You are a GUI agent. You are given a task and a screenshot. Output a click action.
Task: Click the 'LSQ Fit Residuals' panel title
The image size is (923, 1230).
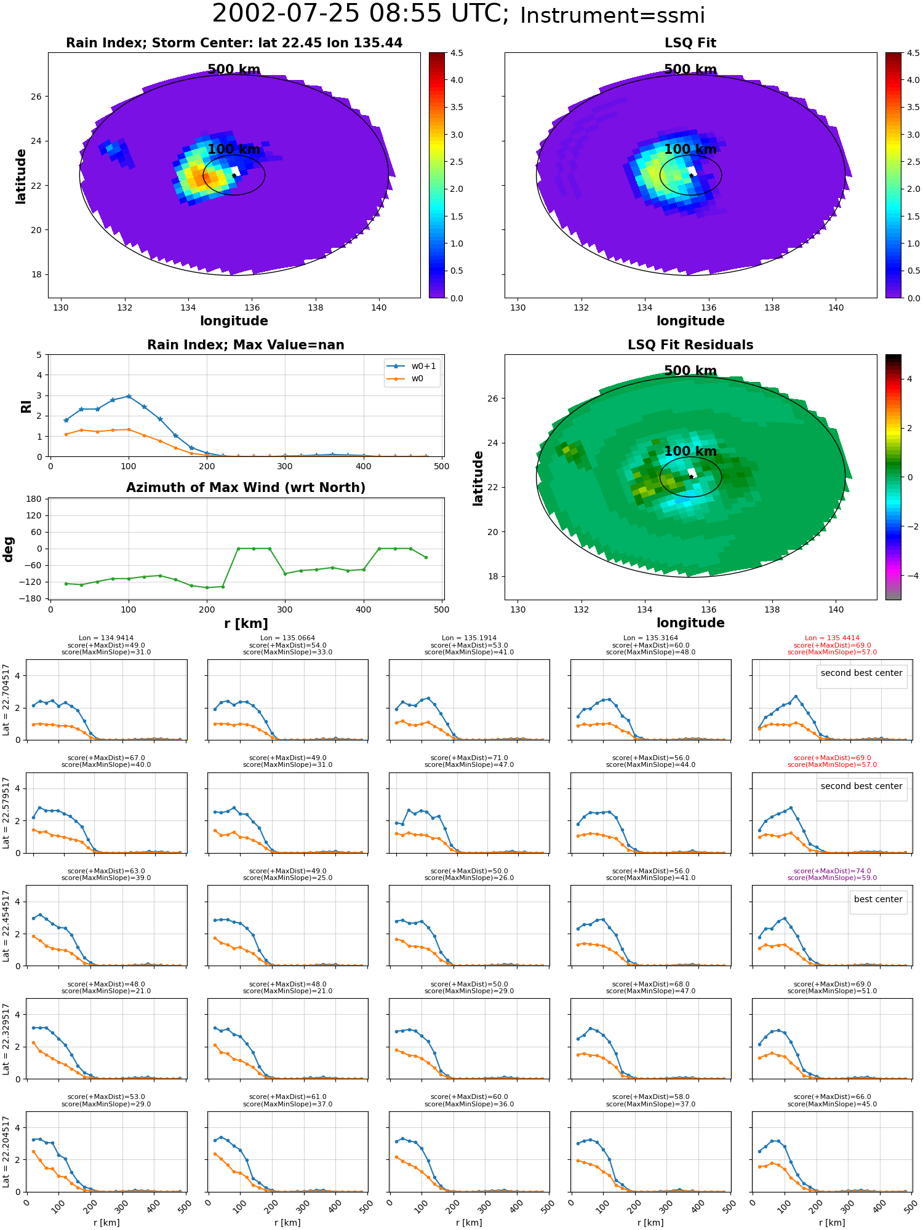[x=690, y=345]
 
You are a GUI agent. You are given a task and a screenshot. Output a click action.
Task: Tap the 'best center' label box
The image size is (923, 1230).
[x=878, y=899]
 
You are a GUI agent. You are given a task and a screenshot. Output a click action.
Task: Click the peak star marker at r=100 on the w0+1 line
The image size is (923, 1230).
[x=129, y=396]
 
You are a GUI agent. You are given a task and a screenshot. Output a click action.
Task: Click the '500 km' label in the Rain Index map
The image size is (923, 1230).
[x=234, y=69]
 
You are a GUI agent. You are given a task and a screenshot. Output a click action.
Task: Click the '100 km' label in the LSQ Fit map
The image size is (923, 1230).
[x=690, y=149]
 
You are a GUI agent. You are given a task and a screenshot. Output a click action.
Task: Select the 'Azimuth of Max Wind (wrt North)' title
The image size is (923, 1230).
[x=246, y=488]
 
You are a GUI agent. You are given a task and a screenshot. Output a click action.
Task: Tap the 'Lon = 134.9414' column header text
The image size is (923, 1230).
[x=106, y=638]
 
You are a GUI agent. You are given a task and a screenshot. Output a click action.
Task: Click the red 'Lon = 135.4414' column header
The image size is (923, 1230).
[x=832, y=638]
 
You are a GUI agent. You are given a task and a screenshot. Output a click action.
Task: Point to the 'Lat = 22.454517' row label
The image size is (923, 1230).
[x=6, y=926]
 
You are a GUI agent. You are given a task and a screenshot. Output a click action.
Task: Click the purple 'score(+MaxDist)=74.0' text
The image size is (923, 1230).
[x=832, y=871]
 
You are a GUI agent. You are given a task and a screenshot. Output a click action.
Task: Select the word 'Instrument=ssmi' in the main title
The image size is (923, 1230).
[x=612, y=15]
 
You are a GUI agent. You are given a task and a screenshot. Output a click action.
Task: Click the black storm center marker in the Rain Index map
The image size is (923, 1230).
[x=234, y=175]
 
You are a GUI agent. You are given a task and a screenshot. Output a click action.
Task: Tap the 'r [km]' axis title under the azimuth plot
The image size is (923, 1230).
[x=246, y=624]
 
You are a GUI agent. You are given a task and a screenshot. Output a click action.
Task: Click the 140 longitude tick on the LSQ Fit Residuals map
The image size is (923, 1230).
[x=836, y=609]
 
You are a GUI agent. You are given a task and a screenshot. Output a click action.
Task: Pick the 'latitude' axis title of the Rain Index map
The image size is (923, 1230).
[x=21, y=176]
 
